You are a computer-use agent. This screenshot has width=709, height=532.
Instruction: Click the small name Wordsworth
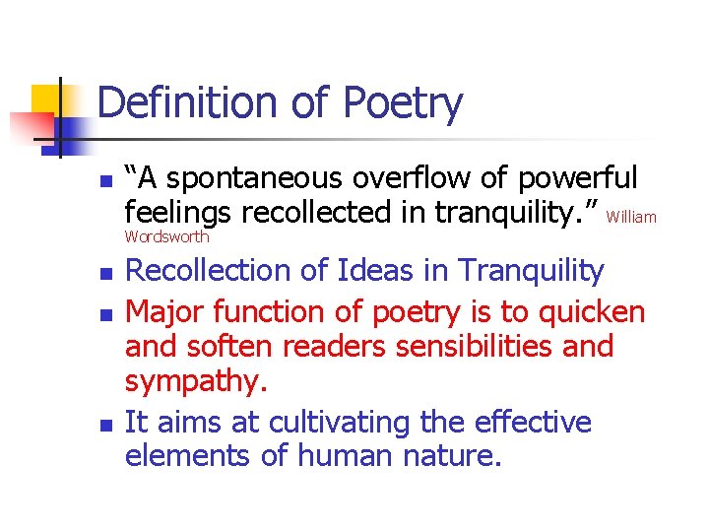click(166, 237)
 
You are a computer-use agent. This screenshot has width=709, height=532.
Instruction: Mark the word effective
click(532, 423)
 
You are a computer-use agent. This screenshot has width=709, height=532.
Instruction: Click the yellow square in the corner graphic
click(47, 100)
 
